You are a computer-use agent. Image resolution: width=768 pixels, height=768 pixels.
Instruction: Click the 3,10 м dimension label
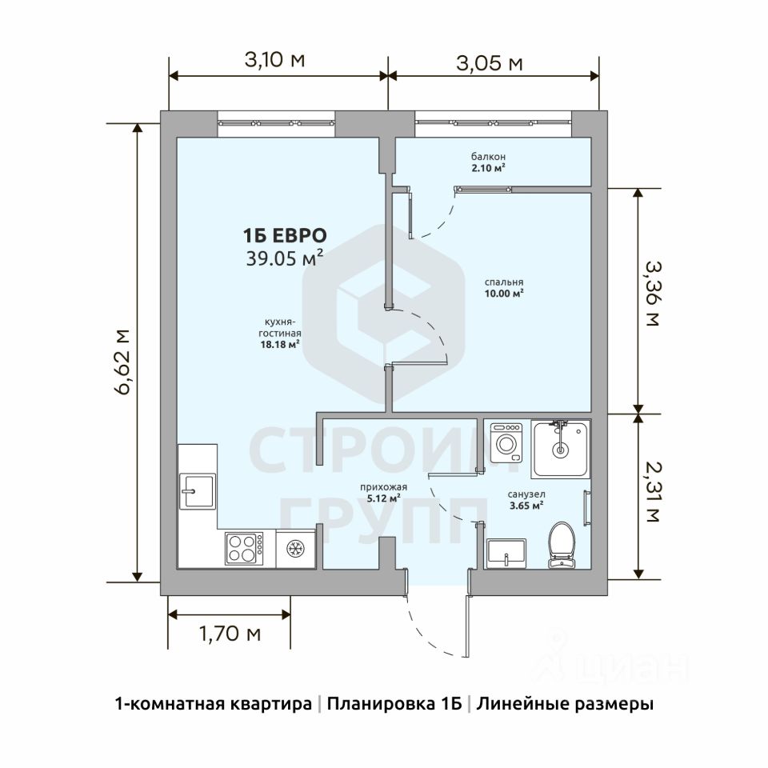click(274, 60)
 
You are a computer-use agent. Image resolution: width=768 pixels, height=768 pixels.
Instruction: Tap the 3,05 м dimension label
click(490, 63)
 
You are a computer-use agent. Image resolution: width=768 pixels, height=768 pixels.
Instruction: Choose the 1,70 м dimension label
click(230, 634)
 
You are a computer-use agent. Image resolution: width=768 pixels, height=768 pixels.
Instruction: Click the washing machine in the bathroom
click(506, 442)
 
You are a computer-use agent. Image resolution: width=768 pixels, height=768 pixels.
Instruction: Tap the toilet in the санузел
click(562, 545)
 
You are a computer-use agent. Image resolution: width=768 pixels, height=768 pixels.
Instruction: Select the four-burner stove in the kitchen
click(244, 548)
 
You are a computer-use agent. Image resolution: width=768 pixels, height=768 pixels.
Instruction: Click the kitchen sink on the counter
click(198, 491)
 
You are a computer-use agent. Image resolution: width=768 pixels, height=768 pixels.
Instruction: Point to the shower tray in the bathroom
click(560, 449)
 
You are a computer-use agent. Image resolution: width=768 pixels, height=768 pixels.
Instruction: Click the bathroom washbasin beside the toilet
click(506, 553)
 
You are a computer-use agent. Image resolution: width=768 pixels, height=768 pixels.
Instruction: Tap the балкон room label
click(488, 157)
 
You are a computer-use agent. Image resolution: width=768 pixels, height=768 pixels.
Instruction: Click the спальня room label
click(504, 282)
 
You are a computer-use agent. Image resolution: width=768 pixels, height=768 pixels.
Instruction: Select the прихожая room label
click(383, 487)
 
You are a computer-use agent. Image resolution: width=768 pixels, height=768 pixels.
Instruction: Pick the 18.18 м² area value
click(280, 344)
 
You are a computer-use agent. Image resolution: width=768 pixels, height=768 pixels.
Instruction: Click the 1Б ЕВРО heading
click(285, 235)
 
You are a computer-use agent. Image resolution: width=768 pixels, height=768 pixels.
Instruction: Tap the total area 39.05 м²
click(285, 258)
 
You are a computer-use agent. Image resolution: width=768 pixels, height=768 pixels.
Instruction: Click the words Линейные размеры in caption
click(566, 704)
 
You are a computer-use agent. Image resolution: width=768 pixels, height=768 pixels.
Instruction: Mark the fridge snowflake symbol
click(295, 548)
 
